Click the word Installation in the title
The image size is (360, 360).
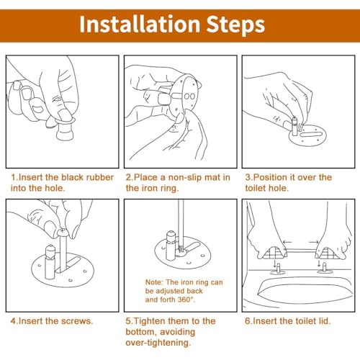pos(140,24)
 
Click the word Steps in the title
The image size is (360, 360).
pos(235,25)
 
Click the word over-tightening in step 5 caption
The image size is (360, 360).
pos(158,343)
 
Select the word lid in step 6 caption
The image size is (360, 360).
pos(325,321)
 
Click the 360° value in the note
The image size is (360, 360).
pos(186,300)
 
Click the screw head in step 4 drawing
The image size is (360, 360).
pos(63,232)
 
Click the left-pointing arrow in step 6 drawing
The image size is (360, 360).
pos(287,242)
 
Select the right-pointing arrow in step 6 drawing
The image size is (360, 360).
pos(314,242)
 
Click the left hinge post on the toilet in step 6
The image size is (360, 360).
pos(278,268)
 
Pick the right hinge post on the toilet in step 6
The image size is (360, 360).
pos(325,267)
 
